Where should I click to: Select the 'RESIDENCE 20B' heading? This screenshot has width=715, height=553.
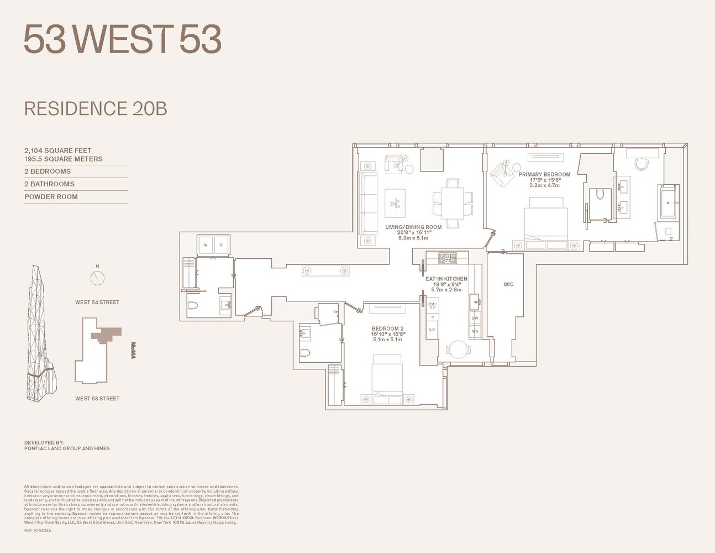[96, 108]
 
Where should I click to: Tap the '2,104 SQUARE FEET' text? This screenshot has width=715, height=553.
[58, 150]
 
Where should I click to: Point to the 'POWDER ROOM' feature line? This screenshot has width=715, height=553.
[51, 196]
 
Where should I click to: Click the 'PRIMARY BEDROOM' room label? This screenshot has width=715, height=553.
[544, 174]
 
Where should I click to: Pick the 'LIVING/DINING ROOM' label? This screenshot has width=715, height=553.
[413, 227]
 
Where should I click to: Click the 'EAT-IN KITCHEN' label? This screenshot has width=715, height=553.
[446, 279]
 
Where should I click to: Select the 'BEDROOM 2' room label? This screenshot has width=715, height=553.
[387, 328]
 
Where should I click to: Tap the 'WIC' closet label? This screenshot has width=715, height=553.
[508, 284]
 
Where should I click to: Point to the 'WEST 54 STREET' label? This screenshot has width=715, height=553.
[97, 302]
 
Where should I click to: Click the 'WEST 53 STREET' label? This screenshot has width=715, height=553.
[97, 398]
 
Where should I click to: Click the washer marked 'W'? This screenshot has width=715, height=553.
[206, 245]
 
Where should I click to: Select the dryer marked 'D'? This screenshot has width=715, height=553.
[221, 245]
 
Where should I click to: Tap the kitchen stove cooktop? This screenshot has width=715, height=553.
[447, 257]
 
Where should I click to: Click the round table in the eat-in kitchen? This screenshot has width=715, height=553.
[458, 349]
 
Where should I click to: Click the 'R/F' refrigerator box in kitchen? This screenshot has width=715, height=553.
[432, 330]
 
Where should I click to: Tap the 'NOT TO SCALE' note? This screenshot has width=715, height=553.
[38, 530]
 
